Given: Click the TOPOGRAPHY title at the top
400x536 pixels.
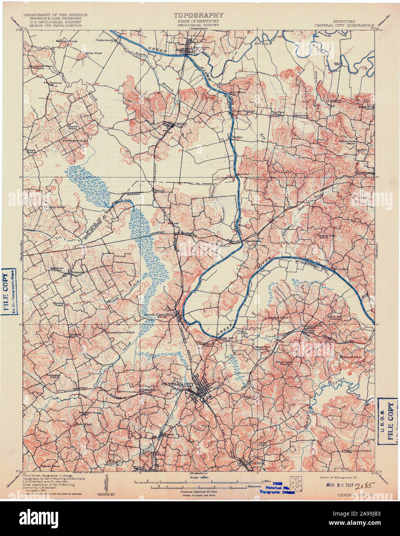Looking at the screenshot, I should coord(198,15).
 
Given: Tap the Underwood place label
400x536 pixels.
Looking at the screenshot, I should coord(104,40).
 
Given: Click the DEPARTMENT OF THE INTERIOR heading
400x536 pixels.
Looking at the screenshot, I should coord(55,15).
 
